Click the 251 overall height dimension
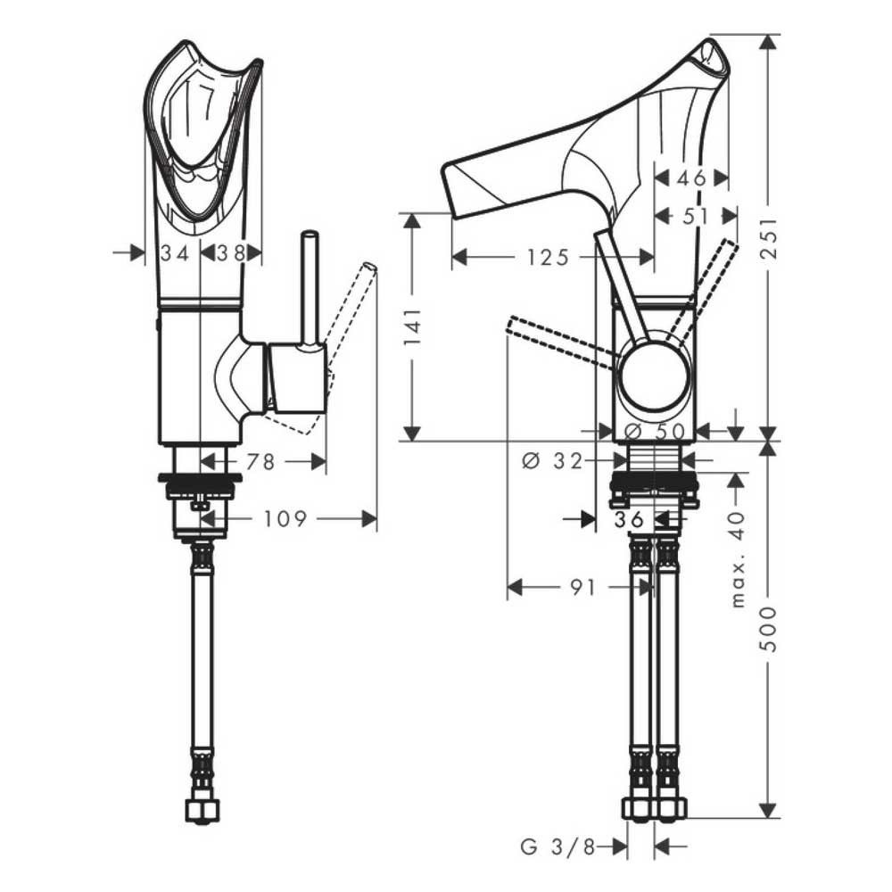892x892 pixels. [769, 238]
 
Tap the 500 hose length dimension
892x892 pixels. [769, 629]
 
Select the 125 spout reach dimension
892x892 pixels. [548, 258]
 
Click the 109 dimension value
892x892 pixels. [285, 519]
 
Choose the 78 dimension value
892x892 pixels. [260, 461]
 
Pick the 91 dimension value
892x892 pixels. [582, 587]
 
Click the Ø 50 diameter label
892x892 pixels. [655, 432]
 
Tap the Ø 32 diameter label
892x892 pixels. [552, 460]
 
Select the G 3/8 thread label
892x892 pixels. [557, 847]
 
